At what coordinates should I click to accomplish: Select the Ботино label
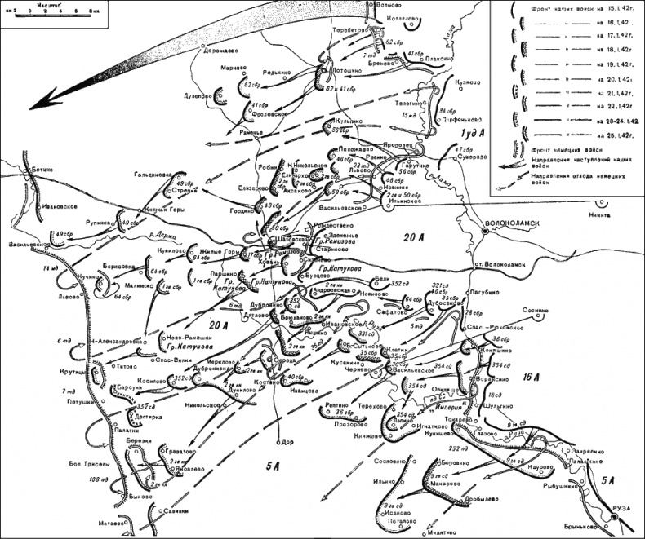click(x=42, y=170)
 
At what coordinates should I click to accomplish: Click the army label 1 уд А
click(x=471, y=133)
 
